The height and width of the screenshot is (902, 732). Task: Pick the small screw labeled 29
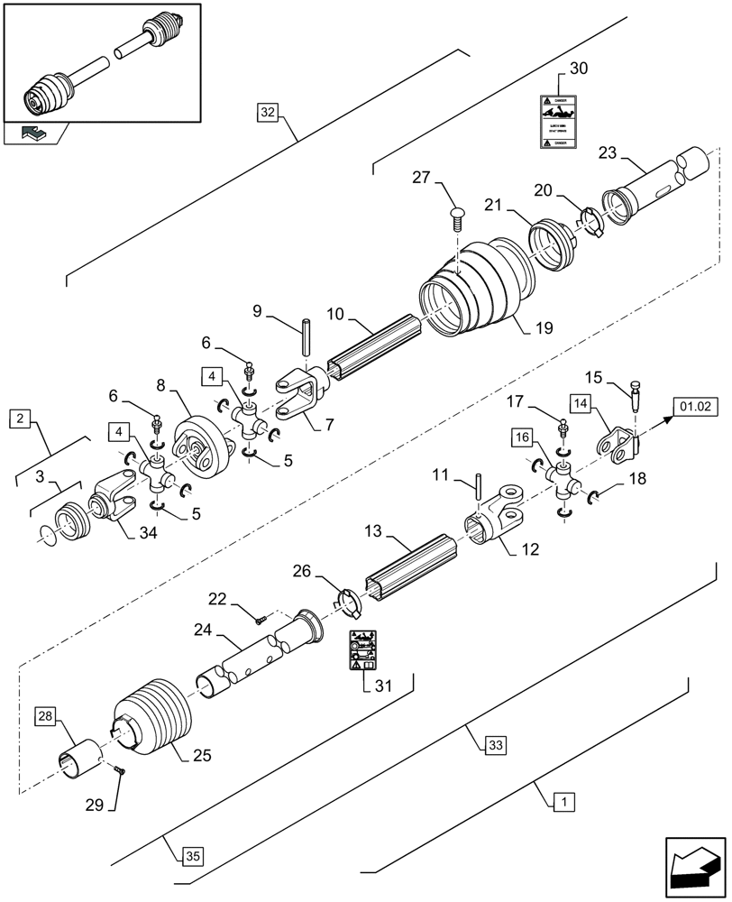click(121, 769)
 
